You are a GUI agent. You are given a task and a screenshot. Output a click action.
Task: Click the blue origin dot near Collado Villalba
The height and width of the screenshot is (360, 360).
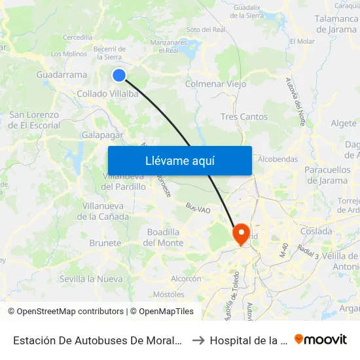click(x=119, y=75)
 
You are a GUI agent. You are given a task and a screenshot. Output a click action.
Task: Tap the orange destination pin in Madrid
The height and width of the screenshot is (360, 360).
click(x=241, y=234)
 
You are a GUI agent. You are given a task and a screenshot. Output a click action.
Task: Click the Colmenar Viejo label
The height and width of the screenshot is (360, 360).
click(x=216, y=84)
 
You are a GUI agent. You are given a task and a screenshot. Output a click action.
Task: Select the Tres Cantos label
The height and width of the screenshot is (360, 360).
click(x=244, y=117)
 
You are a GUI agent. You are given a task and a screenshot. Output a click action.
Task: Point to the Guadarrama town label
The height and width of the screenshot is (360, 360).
click(x=62, y=75)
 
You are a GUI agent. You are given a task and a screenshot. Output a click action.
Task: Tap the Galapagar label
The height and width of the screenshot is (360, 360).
click(x=103, y=134)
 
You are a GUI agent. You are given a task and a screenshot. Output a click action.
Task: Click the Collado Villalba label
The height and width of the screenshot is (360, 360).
click(x=107, y=94)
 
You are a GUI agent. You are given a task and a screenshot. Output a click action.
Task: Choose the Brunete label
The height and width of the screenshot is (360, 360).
click(x=105, y=243)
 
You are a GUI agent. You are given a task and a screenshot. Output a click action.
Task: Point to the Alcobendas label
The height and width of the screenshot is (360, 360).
click(x=278, y=159)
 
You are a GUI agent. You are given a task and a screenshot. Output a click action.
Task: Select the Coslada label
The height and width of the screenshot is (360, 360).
click(x=316, y=231)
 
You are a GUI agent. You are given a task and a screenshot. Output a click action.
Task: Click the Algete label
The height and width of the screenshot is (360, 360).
click(x=344, y=123)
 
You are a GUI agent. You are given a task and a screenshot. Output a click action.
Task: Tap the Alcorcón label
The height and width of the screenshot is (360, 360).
click(x=186, y=278)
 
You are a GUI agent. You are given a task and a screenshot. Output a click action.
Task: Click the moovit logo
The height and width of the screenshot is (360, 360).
click(x=321, y=339)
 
